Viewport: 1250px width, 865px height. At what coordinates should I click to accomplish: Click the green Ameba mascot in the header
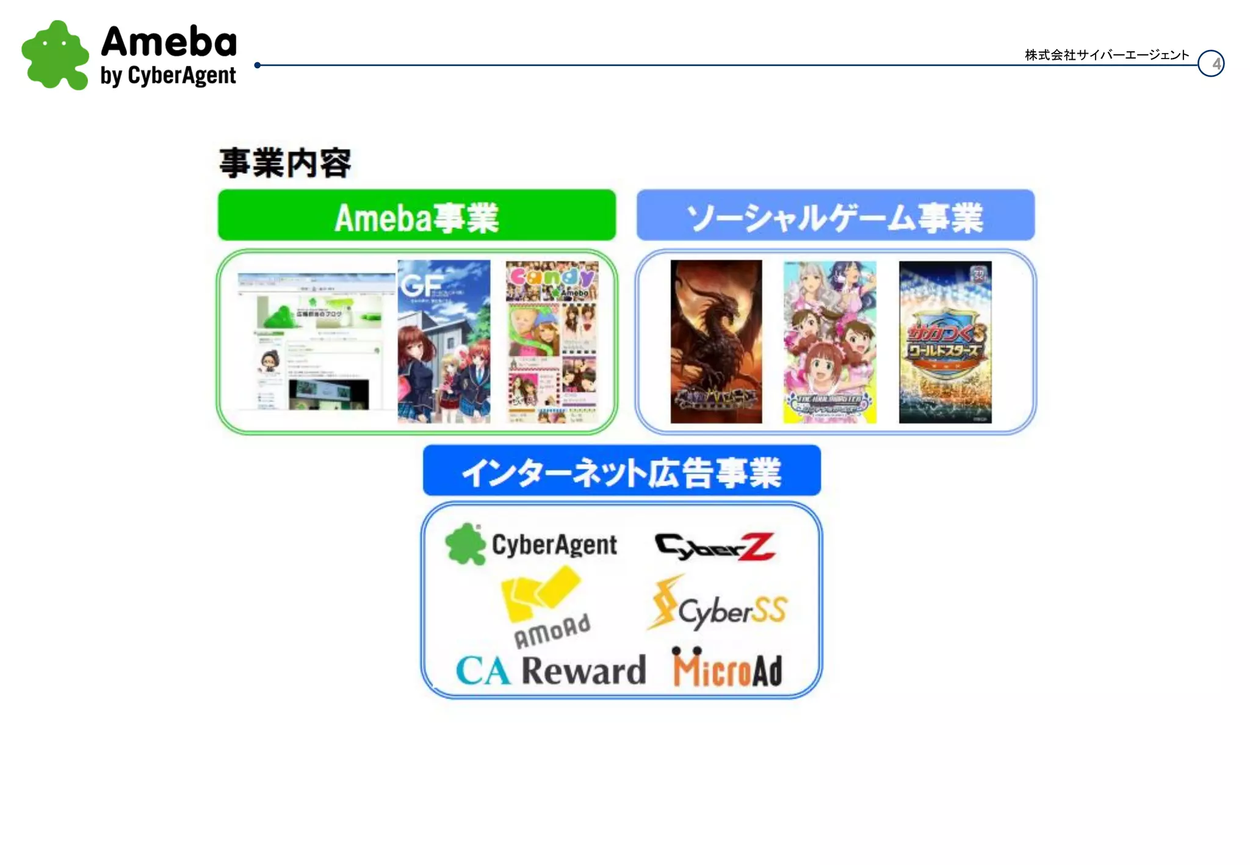(55, 55)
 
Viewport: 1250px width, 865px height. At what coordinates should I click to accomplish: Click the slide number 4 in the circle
(1211, 63)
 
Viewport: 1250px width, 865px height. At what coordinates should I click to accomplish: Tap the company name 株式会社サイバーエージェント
(1107, 55)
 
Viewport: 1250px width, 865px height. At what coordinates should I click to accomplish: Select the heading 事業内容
(285, 163)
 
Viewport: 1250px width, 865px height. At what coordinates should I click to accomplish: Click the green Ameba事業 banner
(417, 215)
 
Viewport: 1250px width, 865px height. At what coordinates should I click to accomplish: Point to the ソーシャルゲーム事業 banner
(836, 215)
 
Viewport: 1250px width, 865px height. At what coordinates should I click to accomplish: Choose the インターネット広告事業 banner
(621, 471)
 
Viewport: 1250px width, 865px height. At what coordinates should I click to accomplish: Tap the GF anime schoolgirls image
(444, 342)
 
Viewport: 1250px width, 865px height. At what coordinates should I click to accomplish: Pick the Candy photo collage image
(552, 342)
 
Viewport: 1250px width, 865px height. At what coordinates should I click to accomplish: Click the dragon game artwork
(716, 342)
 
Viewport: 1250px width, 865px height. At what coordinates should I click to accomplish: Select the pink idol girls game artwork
(829, 342)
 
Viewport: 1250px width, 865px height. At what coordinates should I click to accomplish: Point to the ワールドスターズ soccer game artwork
(945, 342)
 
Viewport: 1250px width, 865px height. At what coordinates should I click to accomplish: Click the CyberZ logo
(714, 546)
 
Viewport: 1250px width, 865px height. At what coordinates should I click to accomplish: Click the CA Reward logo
(551, 670)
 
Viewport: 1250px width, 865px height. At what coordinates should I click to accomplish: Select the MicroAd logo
(727, 668)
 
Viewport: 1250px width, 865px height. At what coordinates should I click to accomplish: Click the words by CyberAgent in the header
(168, 76)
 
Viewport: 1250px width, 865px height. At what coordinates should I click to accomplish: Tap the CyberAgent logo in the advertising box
(531, 544)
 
